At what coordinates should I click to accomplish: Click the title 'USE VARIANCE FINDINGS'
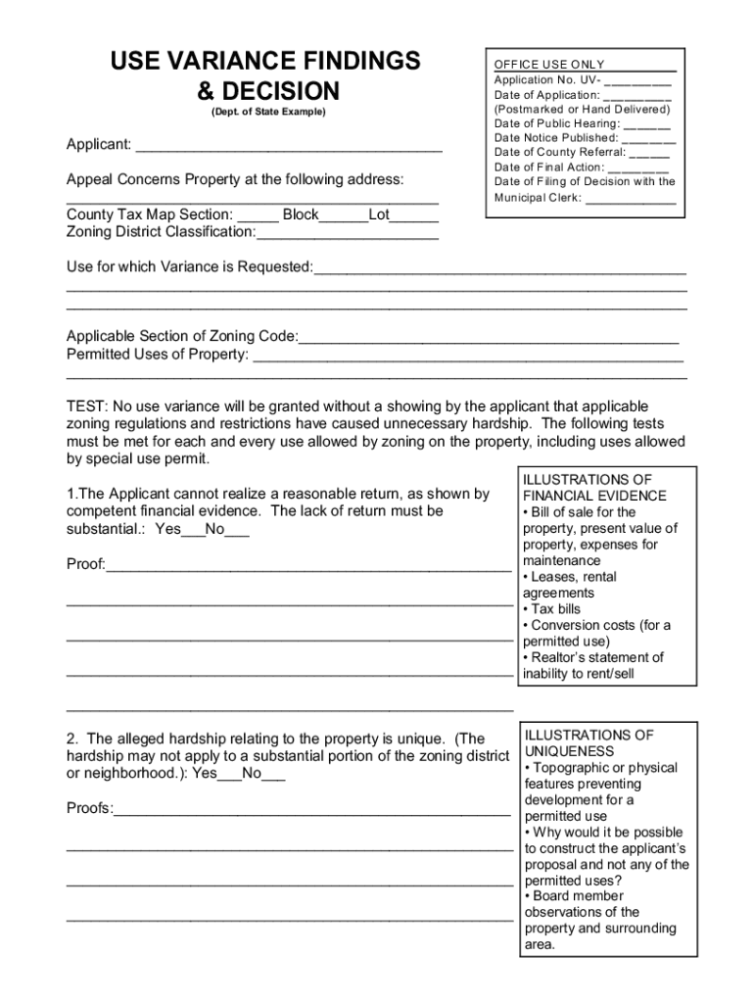pyautogui.click(x=265, y=61)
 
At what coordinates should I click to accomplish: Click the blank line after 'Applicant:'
pyautogui.click(x=289, y=147)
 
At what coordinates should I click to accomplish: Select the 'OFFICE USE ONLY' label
pyautogui.click(x=549, y=64)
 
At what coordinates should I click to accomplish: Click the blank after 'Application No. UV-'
pyautogui.click(x=637, y=81)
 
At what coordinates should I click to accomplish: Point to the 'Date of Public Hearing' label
pyautogui.click(x=557, y=123)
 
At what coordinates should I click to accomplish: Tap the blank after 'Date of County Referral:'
pyautogui.click(x=649, y=154)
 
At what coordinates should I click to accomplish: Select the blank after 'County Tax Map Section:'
pyautogui.click(x=258, y=216)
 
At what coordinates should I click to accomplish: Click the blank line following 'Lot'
pyautogui.click(x=418, y=216)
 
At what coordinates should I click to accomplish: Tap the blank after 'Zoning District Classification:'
pyautogui.click(x=348, y=234)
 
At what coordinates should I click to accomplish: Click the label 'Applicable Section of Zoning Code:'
pyautogui.click(x=182, y=337)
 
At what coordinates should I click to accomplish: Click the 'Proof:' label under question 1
pyautogui.click(x=86, y=565)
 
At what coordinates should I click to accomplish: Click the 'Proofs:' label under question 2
pyautogui.click(x=90, y=808)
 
